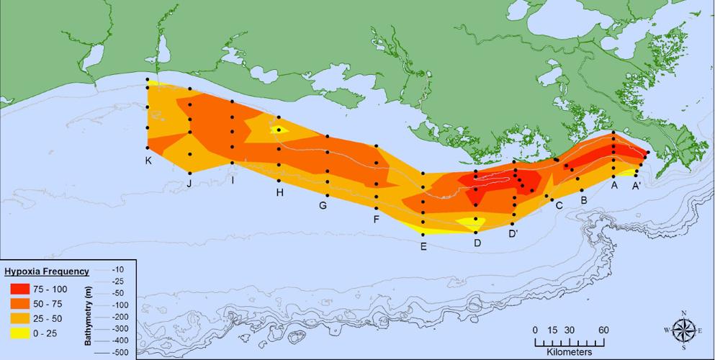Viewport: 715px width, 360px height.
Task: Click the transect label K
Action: pos(148,160)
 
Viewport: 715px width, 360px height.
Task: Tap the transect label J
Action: pos(189,184)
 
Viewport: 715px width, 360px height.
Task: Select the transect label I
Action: pos(233,180)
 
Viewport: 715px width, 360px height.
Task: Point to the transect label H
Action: pos(279,192)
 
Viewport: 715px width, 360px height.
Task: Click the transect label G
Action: pos(323,205)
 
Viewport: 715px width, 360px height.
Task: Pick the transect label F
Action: pos(376,219)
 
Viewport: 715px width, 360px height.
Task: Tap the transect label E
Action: pos(423,246)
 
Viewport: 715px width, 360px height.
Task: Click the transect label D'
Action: pos(513,233)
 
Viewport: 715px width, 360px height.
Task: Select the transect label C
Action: pos(557,205)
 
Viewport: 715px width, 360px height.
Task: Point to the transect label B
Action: pos(583,199)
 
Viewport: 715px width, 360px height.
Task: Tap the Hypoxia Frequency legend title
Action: pos(47,271)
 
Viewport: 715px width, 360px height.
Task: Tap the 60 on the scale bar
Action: pos(603,330)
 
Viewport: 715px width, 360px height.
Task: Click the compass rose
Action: pos(683,330)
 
